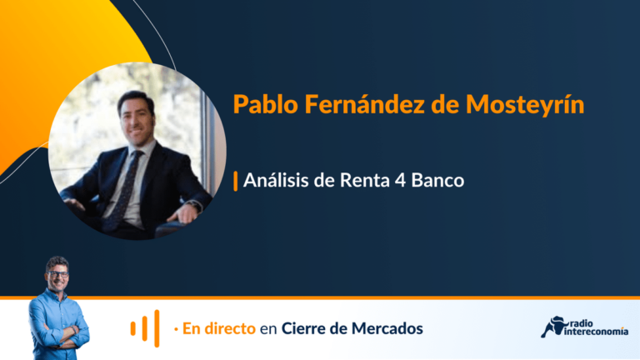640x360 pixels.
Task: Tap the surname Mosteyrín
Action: tap(524, 105)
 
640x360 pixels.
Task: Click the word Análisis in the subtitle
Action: tap(277, 180)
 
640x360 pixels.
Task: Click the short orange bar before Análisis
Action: tap(236, 181)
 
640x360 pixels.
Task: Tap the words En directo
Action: tap(219, 328)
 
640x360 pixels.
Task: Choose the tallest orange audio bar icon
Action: tap(157, 328)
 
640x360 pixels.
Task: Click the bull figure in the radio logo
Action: tap(554, 327)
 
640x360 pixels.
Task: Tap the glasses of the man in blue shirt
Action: tap(57, 274)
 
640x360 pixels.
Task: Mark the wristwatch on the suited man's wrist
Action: tap(197, 206)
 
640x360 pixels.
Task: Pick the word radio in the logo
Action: tap(580, 322)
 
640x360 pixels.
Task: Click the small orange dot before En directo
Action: tap(176, 329)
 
